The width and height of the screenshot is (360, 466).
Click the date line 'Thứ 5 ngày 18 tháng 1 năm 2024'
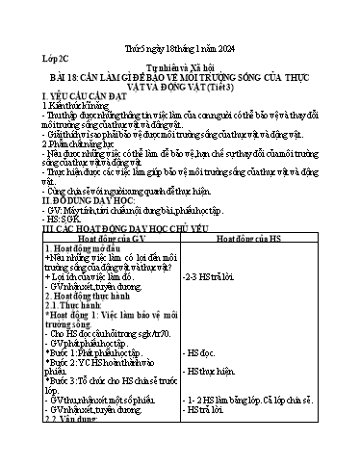tap(179, 38)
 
